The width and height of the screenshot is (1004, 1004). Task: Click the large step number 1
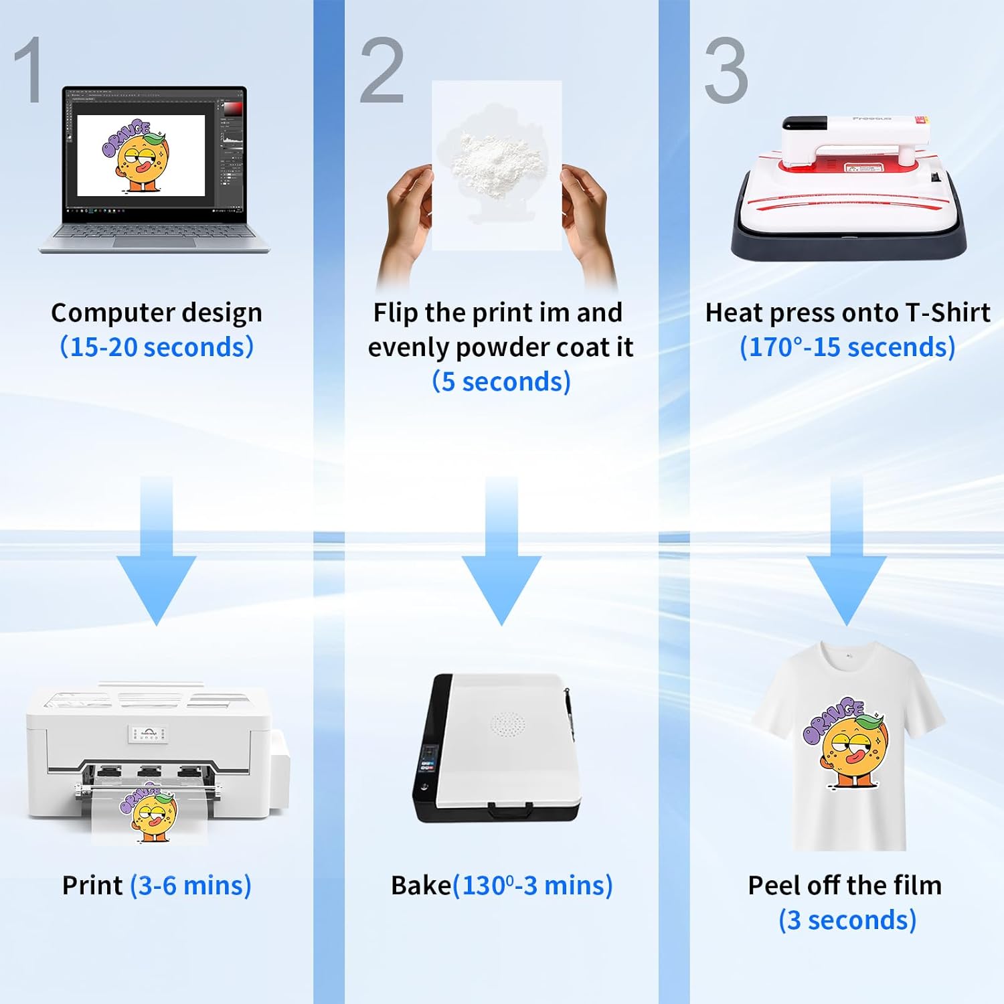(x=29, y=70)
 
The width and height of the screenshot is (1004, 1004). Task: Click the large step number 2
(x=382, y=70)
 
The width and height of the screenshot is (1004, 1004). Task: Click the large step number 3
(x=726, y=70)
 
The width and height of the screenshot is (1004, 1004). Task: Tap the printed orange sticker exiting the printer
(x=149, y=813)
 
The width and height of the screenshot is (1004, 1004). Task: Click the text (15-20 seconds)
(x=157, y=347)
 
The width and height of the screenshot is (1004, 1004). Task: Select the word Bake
(x=421, y=886)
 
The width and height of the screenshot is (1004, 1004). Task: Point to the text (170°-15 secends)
(x=847, y=347)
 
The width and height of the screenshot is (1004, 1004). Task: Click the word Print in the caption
(x=92, y=886)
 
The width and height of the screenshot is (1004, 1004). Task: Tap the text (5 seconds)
(x=501, y=382)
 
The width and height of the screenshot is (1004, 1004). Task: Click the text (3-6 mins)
(x=191, y=886)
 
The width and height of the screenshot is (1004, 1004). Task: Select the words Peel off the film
(x=845, y=886)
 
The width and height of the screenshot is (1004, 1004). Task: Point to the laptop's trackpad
(x=154, y=241)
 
